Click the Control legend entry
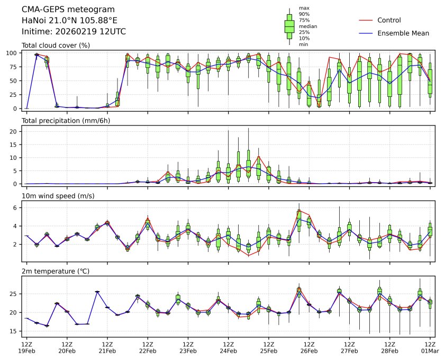pos(389,20)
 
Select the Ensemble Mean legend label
pos(403,33)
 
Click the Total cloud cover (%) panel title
pos(56,45)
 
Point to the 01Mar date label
pos(430,350)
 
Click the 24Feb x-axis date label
pos(228,350)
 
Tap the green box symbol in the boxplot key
pos(289,26)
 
